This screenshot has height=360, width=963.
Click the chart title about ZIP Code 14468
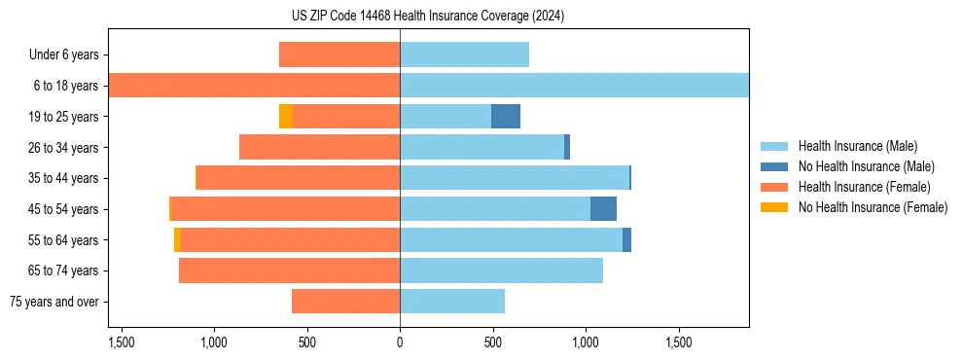[428, 17]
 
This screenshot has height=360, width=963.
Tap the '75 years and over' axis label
[53, 302]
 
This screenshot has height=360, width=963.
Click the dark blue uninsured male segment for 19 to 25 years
[505, 117]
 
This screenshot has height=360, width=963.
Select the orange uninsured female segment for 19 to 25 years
[286, 117]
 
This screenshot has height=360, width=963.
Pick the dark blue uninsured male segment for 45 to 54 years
[603, 209]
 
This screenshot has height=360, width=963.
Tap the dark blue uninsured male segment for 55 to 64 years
[626, 239]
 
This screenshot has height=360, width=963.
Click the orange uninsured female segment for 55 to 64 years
[177, 239]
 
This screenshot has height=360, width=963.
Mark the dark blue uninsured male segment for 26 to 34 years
[566, 147]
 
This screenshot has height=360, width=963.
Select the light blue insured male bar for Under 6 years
[464, 54]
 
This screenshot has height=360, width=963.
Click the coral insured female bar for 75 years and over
[345, 302]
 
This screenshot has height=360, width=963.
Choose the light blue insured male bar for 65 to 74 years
[501, 270]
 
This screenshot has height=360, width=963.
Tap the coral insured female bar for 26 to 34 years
[319, 147]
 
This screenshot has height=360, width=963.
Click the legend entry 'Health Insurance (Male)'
[857, 146]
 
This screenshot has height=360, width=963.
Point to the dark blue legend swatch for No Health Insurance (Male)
[774, 166]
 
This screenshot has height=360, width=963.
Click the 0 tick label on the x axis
[400, 343]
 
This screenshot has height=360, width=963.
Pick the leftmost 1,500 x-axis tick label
[122, 343]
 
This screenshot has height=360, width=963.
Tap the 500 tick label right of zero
[492, 343]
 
